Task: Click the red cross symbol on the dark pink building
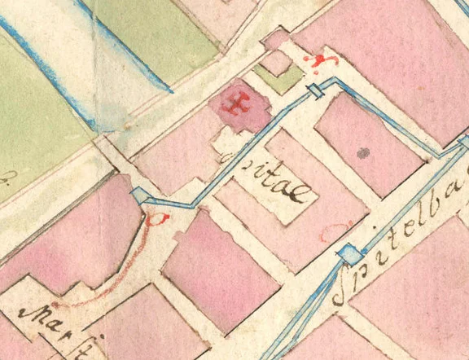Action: click(x=239, y=105)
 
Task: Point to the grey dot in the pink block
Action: click(x=363, y=151)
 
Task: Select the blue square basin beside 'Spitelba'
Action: click(x=350, y=255)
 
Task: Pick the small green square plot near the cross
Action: click(x=278, y=79)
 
